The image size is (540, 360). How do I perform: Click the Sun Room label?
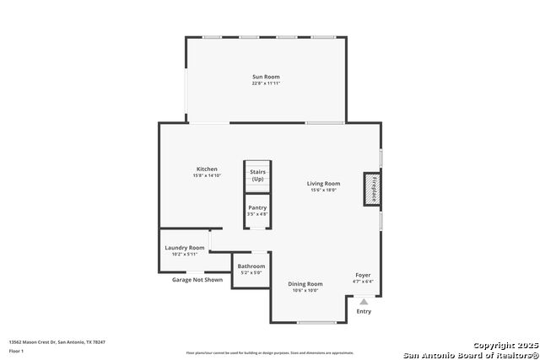[265, 77]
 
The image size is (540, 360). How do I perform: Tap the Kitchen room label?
[208, 169]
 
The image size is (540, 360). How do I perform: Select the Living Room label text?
[323, 183]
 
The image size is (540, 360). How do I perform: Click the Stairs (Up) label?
[257, 175]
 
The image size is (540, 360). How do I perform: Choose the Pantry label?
[257, 207]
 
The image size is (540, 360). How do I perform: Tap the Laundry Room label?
[184, 248]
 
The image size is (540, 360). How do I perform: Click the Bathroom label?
[251, 266]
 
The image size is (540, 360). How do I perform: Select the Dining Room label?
[305, 284]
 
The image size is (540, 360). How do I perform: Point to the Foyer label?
[363, 275]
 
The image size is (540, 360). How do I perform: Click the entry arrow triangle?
[364, 301]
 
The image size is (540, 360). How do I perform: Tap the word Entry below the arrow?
[364, 311]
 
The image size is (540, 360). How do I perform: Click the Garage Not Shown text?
[197, 279]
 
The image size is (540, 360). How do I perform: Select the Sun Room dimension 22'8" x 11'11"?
[265, 83]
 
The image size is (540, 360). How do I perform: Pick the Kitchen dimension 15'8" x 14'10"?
[208, 175]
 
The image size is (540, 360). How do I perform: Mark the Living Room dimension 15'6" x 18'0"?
[323, 190]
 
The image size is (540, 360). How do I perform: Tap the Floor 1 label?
[16, 351]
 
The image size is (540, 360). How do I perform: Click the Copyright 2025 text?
[505, 345]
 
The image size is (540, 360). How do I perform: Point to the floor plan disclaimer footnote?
[270, 352]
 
